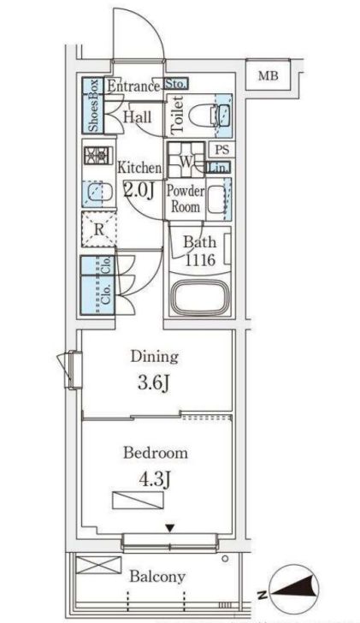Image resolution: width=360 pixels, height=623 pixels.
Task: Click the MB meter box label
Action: pos(269,75)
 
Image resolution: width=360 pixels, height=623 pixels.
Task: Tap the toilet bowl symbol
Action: pos(203,116)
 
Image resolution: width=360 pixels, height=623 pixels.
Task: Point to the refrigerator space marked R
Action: pos(99,229)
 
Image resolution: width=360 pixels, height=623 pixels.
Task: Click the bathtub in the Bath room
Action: pos(199,298)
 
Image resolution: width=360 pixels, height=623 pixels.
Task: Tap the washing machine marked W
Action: pos(186,160)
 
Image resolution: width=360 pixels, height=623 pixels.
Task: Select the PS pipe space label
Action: pos(222,150)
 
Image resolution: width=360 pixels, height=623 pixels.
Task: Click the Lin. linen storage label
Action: pos(218,168)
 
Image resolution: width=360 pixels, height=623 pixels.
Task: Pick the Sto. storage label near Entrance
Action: pos(175,84)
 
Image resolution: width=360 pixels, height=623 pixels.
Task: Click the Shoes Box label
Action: pos(93,106)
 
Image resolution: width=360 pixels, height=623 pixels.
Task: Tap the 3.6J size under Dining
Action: pos(154,383)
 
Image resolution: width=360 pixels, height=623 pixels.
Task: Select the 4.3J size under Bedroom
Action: pos(155,479)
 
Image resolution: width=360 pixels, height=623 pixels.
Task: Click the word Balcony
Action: pos(157,576)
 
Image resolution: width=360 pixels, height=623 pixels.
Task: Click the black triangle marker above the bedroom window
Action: pos(170,529)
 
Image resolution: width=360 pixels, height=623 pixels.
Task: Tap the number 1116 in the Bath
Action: pos(200,260)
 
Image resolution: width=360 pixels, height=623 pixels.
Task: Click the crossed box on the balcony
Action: pos(98,565)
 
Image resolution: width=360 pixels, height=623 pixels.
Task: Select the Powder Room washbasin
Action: pos(216,198)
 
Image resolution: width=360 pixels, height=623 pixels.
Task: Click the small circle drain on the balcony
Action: pos(225,559)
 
